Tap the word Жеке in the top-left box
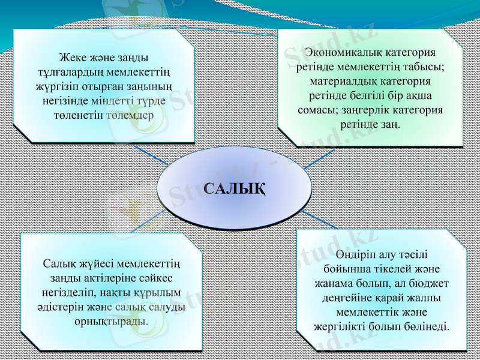pyautogui.click(x=71, y=58)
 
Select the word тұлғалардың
pyautogui.click(x=67, y=72)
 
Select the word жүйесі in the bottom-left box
pyautogui.click(x=92, y=264)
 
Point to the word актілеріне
pyautogui.click(x=110, y=278)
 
